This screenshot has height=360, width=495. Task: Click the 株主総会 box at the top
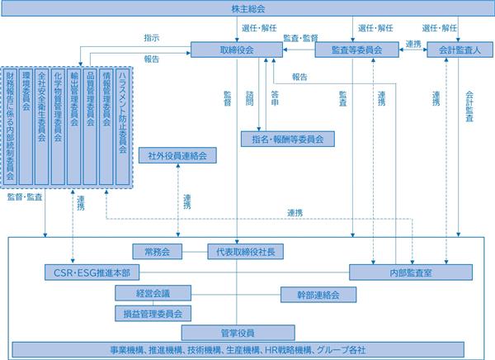tap(247, 8)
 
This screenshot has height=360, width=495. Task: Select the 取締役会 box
tap(237, 50)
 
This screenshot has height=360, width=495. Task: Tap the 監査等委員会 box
tap(356, 50)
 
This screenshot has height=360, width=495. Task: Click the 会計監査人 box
tap(460, 50)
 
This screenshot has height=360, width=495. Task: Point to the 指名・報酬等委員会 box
tap(288, 139)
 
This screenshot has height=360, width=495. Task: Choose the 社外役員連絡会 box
tap(177, 155)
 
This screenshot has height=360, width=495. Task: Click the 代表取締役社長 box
tap(245, 252)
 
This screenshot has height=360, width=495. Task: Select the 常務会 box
tap(158, 252)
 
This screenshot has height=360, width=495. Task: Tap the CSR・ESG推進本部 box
tap(92, 272)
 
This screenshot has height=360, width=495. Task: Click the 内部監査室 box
tap(411, 272)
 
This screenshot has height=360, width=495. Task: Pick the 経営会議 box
tap(153, 293)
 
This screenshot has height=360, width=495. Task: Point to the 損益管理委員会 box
tap(153, 314)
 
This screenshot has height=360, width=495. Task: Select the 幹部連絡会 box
tap(318, 295)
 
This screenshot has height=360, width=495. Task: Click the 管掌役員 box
tap(238, 333)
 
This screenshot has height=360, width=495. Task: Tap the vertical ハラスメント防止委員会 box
tap(122, 126)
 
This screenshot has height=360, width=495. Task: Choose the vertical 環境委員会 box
tap(26, 126)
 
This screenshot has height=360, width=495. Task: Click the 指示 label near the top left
tap(152, 38)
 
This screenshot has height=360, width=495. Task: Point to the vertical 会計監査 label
tap(469, 107)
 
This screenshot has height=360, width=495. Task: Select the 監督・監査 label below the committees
tap(25, 197)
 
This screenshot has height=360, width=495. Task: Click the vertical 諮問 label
tap(250, 98)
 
